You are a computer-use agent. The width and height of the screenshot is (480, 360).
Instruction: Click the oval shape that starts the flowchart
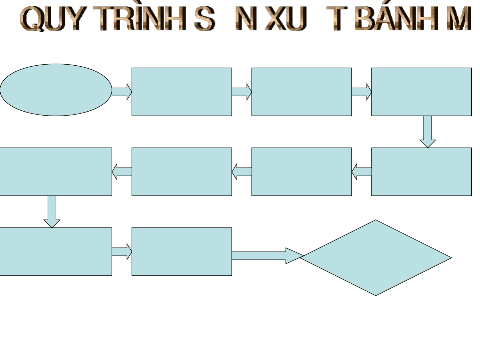coord(56,90)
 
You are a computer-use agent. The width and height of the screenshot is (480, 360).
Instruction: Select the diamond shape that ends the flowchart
coord(376,257)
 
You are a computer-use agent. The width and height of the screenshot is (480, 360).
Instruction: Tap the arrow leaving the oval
coord(122,92)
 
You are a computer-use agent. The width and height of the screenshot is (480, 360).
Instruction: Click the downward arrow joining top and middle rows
coord(428,132)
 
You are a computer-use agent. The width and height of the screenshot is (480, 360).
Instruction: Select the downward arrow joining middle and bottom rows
coord(52,211)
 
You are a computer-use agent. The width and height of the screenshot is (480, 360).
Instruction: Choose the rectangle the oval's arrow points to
coord(182,92)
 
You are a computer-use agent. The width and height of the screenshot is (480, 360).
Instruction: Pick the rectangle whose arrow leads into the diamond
coord(182,252)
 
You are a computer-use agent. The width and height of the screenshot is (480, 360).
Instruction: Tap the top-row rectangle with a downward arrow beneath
coord(422,92)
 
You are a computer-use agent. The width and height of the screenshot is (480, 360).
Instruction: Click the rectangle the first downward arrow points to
coord(422,172)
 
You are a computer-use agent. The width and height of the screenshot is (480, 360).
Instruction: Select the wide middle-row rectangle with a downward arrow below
coord(56,172)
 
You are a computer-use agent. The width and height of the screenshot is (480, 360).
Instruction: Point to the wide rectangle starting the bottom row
coord(56,252)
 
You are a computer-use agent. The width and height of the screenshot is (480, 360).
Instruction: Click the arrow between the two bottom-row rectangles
coord(122,252)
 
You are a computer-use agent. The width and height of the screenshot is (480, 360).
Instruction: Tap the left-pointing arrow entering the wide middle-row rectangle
coord(122,172)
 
